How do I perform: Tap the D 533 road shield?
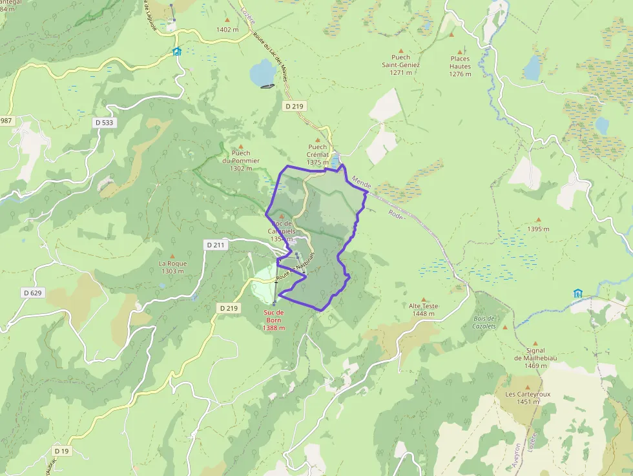(x=108, y=123)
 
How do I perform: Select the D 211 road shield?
(x=216, y=245)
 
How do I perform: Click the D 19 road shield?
(x=62, y=450)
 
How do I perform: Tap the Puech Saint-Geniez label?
(x=400, y=65)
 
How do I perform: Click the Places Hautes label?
(x=461, y=66)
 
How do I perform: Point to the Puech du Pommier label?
(x=241, y=160)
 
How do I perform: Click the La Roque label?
(x=172, y=267)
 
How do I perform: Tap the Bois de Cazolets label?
(x=484, y=322)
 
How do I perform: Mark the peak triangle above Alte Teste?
(x=424, y=300)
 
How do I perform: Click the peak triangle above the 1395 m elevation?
(x=537, y=220)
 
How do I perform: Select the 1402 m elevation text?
(x=228, y=30)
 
